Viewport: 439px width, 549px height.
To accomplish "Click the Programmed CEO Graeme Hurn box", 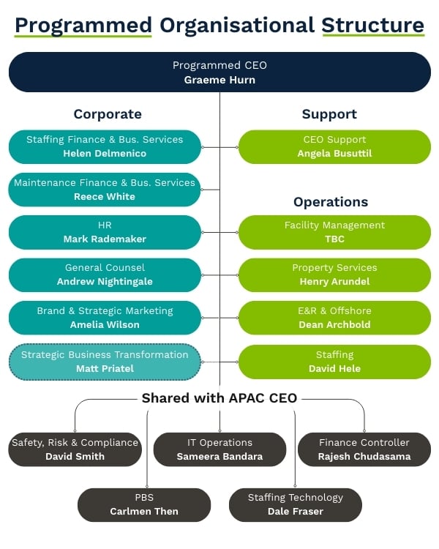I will (x=219, y=72).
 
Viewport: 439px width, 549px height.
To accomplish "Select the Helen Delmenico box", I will (x=105, y=146).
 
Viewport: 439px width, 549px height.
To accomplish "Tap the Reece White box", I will (x=105, y=190).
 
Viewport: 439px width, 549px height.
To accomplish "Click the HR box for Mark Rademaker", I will (x=105, y=232).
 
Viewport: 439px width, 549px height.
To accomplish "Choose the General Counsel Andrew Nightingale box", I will (x=105, y=274).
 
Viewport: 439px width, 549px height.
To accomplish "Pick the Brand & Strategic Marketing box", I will (x=105, y=318).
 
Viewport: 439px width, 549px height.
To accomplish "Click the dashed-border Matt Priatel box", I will (x=105, y=362).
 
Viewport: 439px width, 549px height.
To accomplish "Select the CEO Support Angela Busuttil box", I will (x=334, y=146).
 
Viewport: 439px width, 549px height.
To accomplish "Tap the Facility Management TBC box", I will (x=334, y=232).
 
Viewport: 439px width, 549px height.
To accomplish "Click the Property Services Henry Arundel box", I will (x=334, y=274).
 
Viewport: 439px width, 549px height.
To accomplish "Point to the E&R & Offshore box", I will (x=334, y=318).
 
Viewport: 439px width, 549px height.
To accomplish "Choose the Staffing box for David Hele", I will (x=334, y=362).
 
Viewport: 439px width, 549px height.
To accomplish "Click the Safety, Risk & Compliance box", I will (x=75, y=449).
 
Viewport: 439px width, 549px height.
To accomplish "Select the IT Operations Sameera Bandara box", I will (x=219, y=449).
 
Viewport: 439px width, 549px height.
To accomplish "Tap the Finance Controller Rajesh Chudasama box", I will (x=364, y=449).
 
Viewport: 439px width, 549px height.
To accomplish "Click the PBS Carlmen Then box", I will (x=144, y=504).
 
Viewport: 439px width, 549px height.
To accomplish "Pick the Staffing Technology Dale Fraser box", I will (x=296, y=504).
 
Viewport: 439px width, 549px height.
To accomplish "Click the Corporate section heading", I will (x=108, y=114).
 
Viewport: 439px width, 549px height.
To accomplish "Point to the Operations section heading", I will (x=331, y=202).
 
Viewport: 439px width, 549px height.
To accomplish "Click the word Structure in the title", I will (x=372, y=25).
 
